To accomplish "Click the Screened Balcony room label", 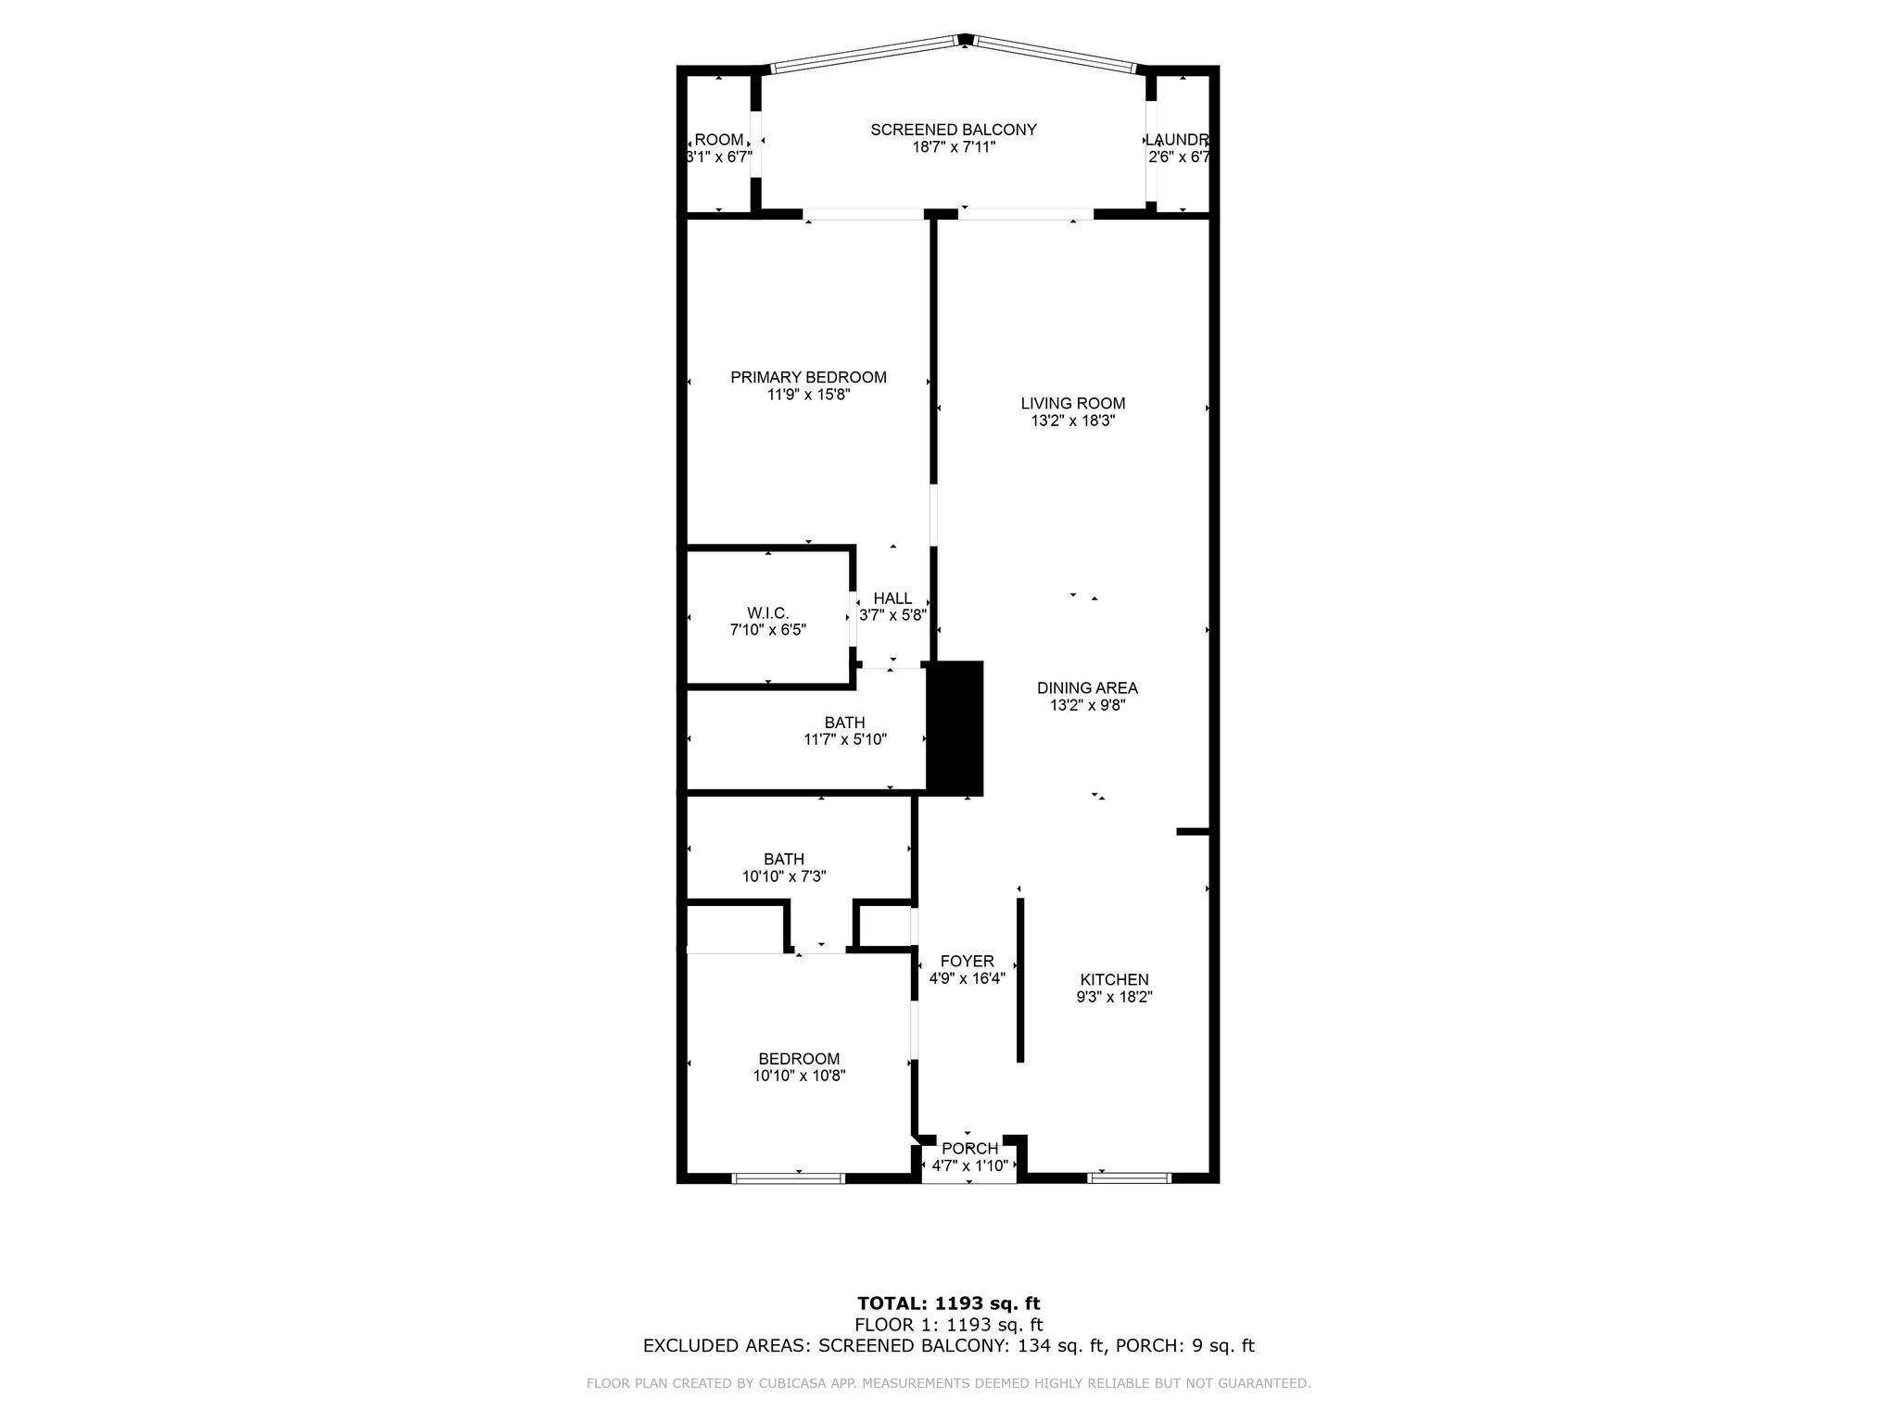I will (953, 130).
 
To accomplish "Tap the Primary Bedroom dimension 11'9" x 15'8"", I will (808, 395).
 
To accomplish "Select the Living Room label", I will (1072, 403).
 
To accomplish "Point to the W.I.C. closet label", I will (767, 613).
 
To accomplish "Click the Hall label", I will (892, 598).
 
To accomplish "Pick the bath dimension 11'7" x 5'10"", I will (844, 739).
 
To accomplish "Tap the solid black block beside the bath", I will (955, 728).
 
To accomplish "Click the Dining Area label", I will (1086, 687).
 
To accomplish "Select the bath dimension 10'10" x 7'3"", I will (783, 875).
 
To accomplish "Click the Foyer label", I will (967, 962).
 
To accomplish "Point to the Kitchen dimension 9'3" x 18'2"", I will (1113, 997).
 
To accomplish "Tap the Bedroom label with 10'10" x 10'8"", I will (799, 1059).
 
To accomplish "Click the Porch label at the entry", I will (969, 1149).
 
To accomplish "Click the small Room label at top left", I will (719, 140).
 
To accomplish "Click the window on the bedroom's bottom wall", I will (788, 1178).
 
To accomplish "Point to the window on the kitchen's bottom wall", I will (1129, 1178).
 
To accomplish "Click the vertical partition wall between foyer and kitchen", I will (1020, 980).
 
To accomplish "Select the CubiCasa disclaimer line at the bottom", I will (948, 1383).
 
